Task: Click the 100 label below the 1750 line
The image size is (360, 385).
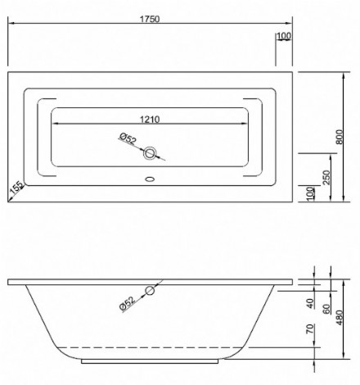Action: [284, 35]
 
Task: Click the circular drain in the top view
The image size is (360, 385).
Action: [150, 153]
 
